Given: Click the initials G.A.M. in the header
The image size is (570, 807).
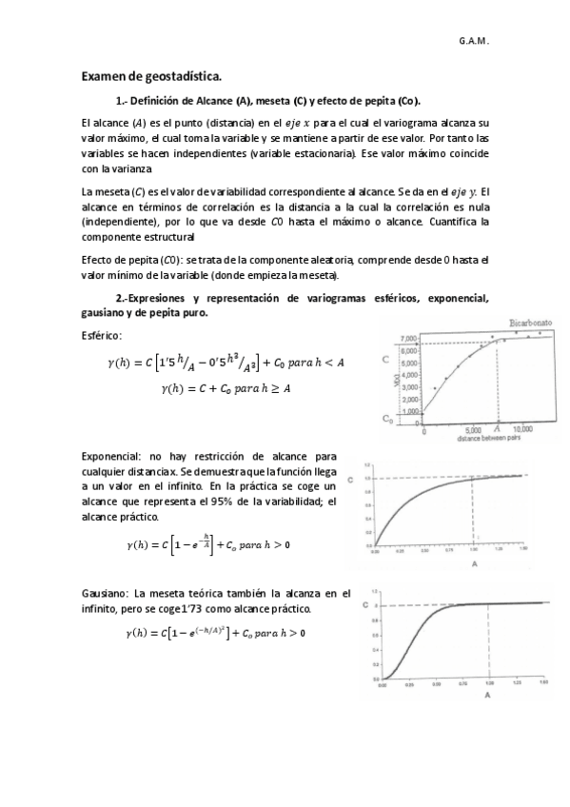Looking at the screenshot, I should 473,42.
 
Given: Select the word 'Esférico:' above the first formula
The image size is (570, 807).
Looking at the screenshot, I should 102,334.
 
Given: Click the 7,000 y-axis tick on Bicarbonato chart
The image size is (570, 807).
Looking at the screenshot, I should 408,339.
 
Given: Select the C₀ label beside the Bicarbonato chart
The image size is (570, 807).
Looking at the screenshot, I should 388,419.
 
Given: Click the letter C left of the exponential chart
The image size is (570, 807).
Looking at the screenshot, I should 353,478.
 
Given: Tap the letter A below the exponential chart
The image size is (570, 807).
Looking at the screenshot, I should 474,563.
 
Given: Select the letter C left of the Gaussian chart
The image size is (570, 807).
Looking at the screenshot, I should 366,604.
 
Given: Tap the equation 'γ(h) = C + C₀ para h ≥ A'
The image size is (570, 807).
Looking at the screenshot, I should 226,388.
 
